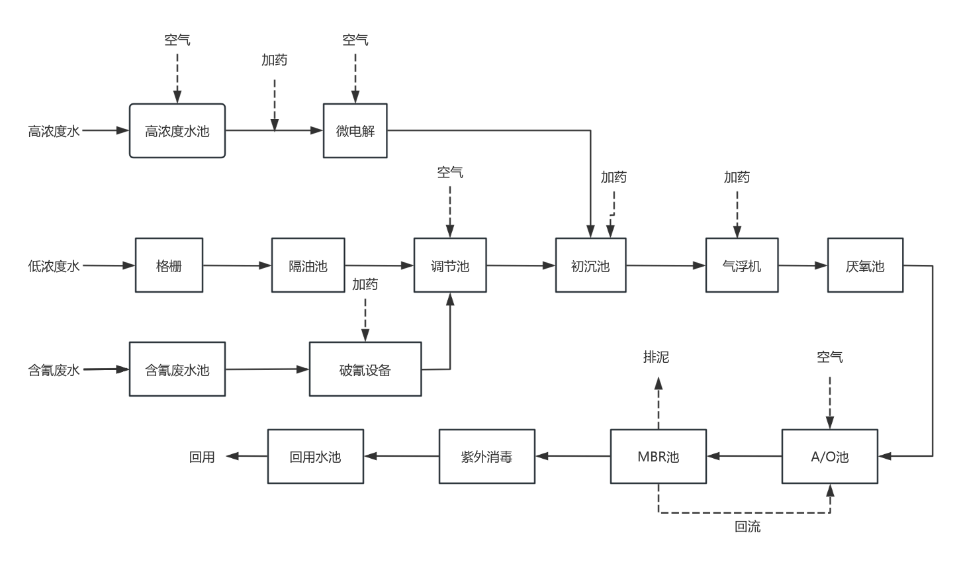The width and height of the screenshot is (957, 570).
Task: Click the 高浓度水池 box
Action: point(177,130)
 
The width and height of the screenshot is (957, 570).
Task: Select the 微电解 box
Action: point(355,130)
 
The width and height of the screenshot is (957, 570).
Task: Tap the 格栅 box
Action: point(169,265)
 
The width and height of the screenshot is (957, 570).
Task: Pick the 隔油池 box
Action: point(308,265)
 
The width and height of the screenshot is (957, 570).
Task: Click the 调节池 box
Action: point(450,265)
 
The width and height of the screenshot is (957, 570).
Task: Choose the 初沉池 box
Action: point(590,265)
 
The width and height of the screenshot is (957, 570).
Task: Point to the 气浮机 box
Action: point(741,265)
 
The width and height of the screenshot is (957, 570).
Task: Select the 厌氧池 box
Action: point(865,265)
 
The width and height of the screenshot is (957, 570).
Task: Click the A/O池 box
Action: point(830,456)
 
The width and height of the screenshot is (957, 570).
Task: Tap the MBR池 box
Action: point(658,456)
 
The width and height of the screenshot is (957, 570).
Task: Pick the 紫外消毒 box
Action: point(487,456)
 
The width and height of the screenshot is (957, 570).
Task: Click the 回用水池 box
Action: point(316,456)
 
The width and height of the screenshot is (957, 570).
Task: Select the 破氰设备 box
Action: point(365,369)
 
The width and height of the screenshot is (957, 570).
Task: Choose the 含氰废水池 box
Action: point(177,369)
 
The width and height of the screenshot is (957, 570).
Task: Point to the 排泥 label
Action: point(657,357)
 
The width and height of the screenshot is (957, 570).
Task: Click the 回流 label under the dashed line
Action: point(748,527)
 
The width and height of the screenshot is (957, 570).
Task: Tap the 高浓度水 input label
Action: point(54,131)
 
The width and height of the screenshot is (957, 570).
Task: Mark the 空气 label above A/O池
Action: point(830,357)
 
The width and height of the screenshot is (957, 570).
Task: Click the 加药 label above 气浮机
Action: point(737,177)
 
